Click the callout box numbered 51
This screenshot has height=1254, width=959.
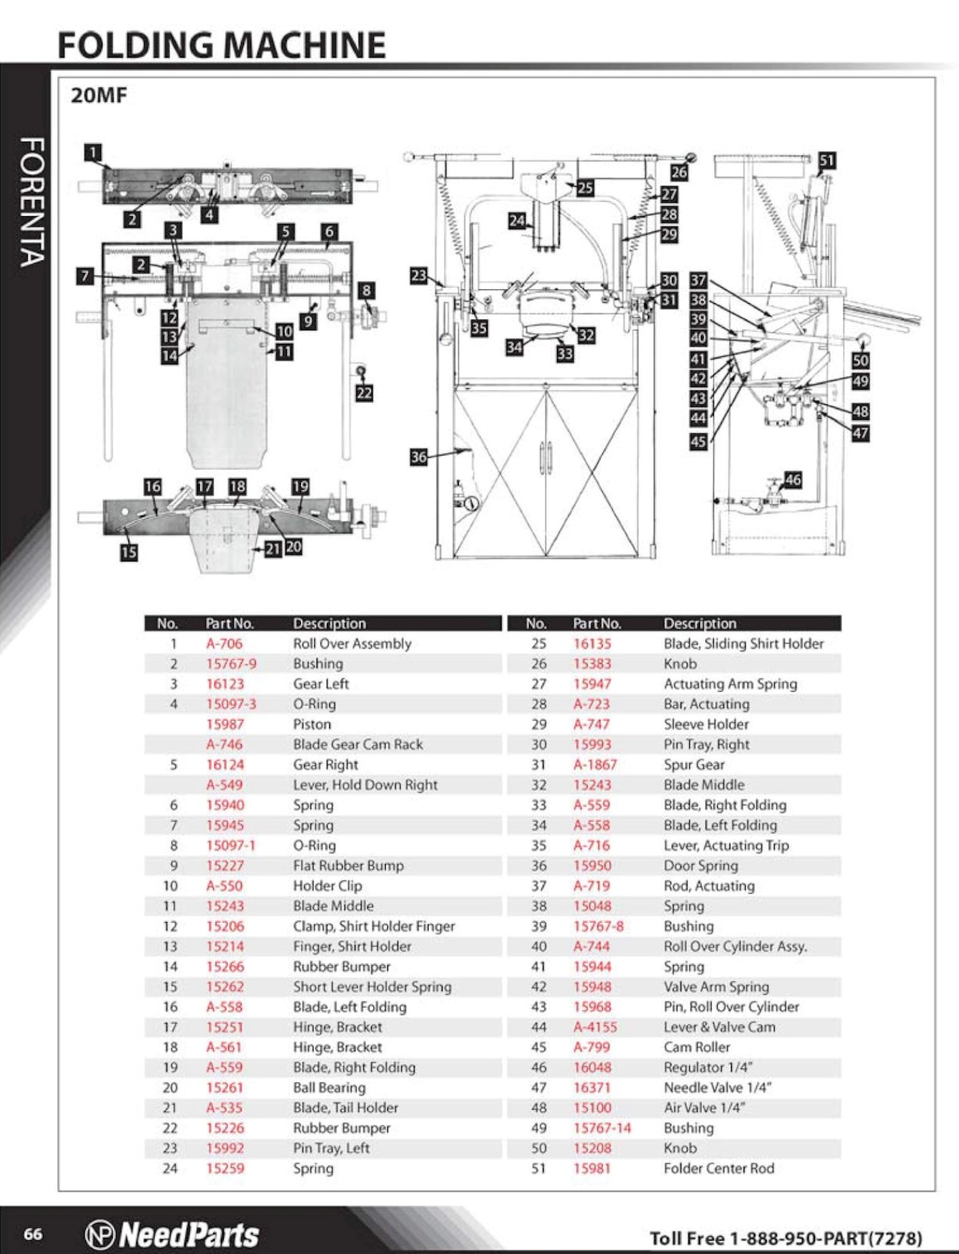click(x=827, y=161)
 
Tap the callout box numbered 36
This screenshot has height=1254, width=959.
click(x=419, y=457)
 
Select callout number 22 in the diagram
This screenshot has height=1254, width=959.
click(x=364, y=392)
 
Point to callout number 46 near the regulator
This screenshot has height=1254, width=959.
click(x=793, y=479)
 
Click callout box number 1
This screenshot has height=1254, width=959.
click(x=93, y=153)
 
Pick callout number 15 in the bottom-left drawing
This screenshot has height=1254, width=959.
click(x=129, y=552)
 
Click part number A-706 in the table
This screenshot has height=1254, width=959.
click(x=224, y=643)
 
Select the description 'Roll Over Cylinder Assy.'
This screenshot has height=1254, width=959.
click(x=735, y=946)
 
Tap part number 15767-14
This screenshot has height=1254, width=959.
click(x=602, y=1127)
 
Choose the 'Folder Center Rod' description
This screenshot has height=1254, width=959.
click(x=719, y=1168)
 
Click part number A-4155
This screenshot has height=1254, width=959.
click(x=595, y=1027)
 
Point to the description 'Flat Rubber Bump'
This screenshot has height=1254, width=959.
click(x=348, y=865)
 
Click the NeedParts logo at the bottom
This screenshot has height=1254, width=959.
click(x=173, y=1234)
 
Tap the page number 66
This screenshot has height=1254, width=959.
click(x=33, y=1234)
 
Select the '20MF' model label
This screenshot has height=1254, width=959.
click(x=99, y=95)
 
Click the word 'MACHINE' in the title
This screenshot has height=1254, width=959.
click(x=304, y=45)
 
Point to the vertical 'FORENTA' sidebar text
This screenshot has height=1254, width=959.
click(x=32, y=201)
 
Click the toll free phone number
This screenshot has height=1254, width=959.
click(x=786, y=1237)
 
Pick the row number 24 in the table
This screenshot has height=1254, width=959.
click(x=170, y=1168)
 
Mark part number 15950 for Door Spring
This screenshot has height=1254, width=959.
click(x=592, y=865)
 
